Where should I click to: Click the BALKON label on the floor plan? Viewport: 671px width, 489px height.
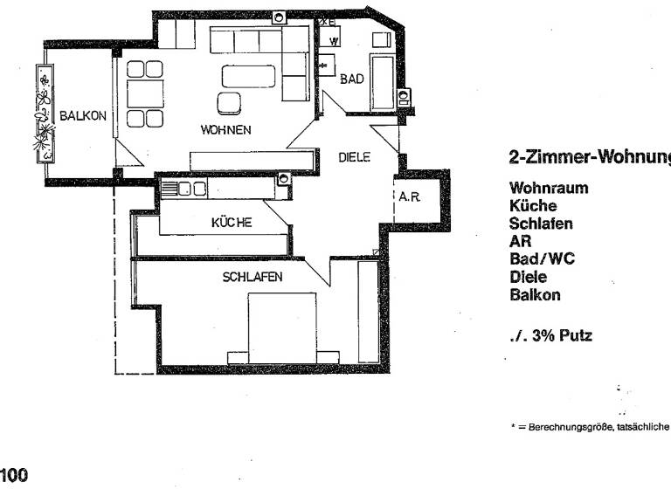pyautogui.click(x=84, y=114)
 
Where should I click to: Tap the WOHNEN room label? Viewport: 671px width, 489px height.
pyautogui.click(x=226, y=130)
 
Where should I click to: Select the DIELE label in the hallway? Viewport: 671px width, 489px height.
pyautogui.click(x=356, y=158)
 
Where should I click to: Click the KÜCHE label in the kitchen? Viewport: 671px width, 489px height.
pyautogui.click(x=232, y=223)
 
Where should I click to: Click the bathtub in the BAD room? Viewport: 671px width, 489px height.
pyautogui.click(x=384, y=83)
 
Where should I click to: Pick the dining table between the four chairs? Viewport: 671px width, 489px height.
pyautogui.click(x=140, y=93)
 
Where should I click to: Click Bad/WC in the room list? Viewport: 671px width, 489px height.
pyautogui.click(x=542, y=259)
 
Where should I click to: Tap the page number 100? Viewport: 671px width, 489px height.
pyautogui.click(x=14, y=476)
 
